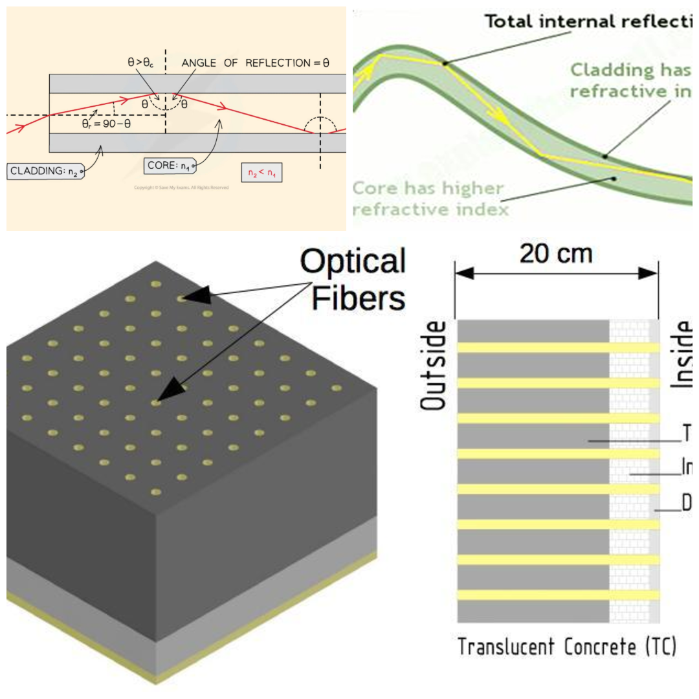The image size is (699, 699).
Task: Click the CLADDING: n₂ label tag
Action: [45, 172]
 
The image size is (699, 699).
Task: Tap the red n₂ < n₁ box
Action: [261, 173]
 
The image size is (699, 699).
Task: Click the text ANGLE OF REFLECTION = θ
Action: [256, 63]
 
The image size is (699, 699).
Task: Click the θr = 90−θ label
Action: [106, 123]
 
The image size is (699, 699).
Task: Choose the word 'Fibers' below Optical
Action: [361, 298]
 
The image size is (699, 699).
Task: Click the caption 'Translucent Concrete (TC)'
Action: [566, 647]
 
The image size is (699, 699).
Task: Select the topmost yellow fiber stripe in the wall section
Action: [558, 348]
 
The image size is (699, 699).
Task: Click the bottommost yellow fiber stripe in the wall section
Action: [558, 594]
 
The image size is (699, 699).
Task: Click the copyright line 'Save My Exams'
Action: [181, 188]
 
